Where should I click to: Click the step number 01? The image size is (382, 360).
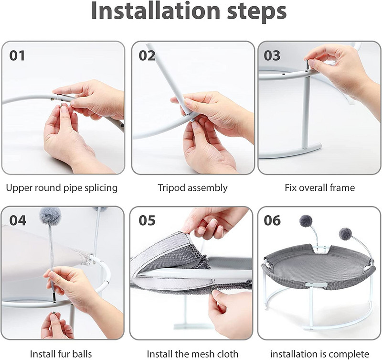pyautogui.click(x=17, y=55)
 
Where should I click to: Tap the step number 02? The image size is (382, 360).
pyautogui.click(x=147, y=55)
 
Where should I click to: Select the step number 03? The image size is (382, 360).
pyautogui.click(x=272, y=55)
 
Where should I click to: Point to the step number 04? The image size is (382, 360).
pyautogui.click(x=18, y=220)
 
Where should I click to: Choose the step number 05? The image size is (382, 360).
pyautogui.click(x=147, y=220)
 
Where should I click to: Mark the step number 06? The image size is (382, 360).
pyautogui.click(x=272, y=220)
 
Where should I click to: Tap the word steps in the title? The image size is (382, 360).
pyautogui.click(x=257, y=12)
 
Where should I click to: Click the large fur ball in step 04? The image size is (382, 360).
pyautogui.click(x=50, y=216)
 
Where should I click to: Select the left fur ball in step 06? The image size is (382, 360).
pyautogui.click(x=306, y=221)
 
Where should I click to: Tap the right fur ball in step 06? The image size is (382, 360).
pyautogui.click(x=345, y=234)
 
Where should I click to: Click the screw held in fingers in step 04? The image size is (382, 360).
pyautogui.click(x=53, y=313)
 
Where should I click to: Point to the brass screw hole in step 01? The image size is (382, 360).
pyautogui.click(x=53, y=99)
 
